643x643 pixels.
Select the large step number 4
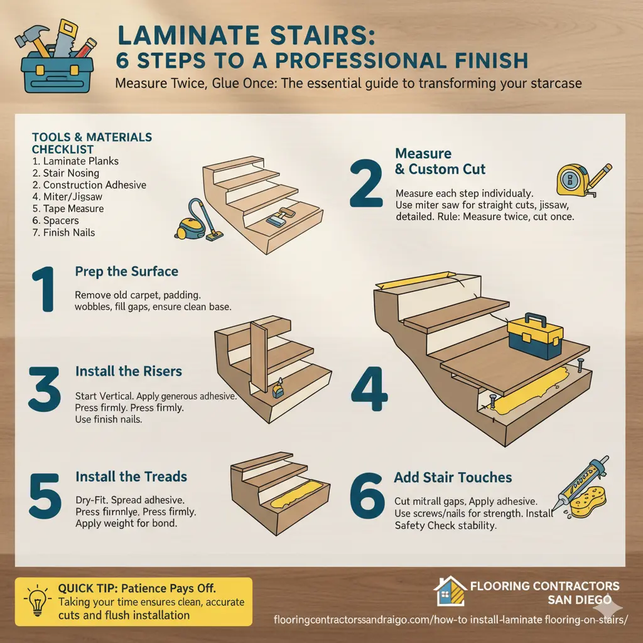pyautogui.click(x=369, y=389)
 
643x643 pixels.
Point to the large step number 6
pyautogui.click(x=367, y=495)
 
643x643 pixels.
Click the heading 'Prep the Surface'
pyautogui.click(x=126, y=271)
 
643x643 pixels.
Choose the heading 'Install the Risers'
pyautogui.click(x=128, y=371)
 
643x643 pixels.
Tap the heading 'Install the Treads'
pyautogui.click(x=131, y=477)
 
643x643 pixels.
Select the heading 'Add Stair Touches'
pyautogui.click(x=453, y=477)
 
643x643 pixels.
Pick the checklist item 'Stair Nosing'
pyautogui.click(x=65, y=173)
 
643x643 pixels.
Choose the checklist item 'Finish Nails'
pyautogui.click(x=63, y=232)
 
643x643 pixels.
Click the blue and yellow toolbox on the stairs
pyautogui.click(x=535, y=336)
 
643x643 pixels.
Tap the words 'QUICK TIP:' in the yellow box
pyautogui.click(x=87, y=588)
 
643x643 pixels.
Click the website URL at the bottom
pyautogui.click(x=450, y=620)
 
